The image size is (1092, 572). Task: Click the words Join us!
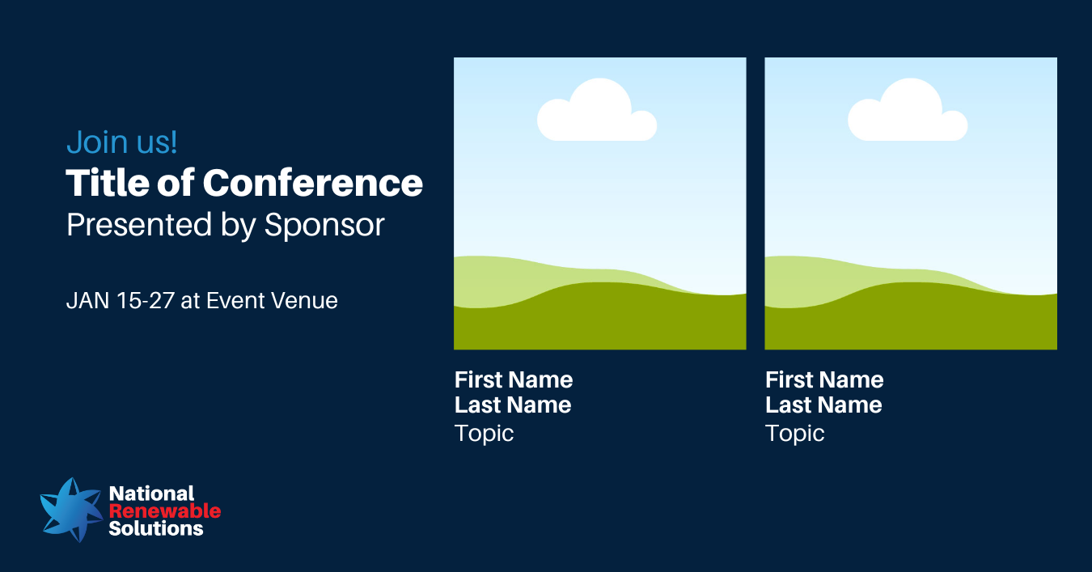(x=122, y=142)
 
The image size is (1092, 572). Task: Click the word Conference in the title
(x=312, y=183)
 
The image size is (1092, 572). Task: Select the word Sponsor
(x=324, y=225)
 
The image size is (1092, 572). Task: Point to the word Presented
(x=139, y=225)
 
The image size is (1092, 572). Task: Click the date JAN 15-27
(x=121, y=300)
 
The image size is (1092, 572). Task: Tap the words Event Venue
(x=272, y=300)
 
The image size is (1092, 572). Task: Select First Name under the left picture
(x=514, y=380)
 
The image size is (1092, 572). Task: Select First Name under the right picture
(x=824, y=380)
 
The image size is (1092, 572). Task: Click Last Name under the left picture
(x=513, y=405)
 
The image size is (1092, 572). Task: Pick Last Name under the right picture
(x=824, y=405)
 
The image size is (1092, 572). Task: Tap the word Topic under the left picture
(x=484, y=434)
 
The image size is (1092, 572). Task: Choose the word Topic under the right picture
(x=795, y=434)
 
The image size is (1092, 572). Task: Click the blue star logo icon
(x=72, y=510)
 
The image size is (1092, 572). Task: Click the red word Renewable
(x=165, y=511)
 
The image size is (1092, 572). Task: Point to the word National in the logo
(x=151, y=494)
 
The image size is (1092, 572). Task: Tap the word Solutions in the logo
(x=156, y=528)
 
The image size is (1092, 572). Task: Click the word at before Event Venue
(x=190, y=301)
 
